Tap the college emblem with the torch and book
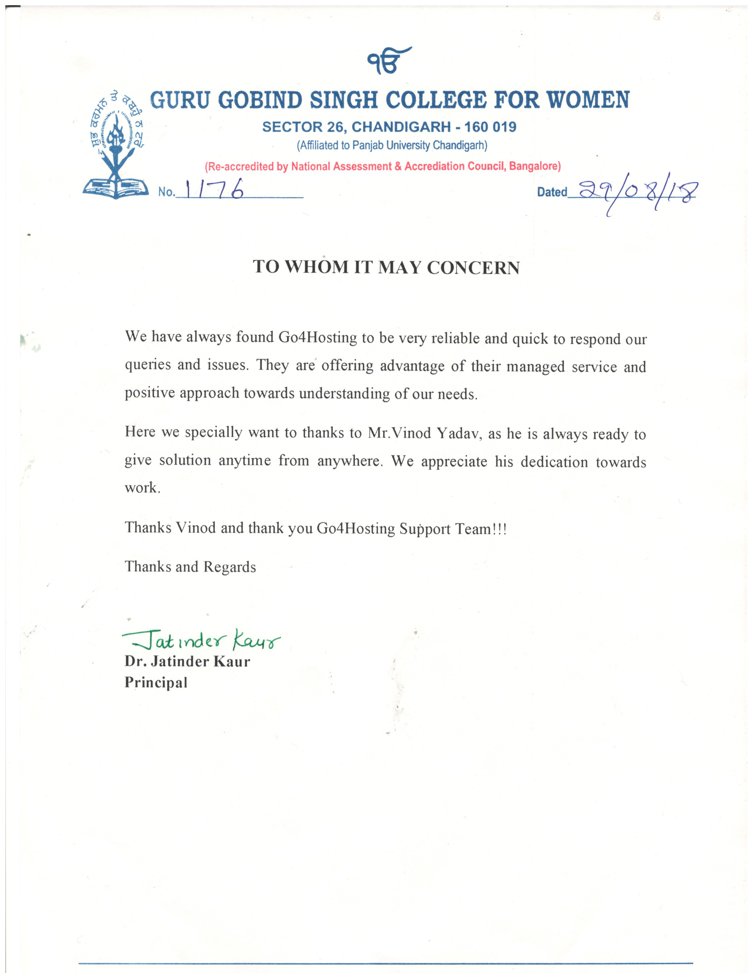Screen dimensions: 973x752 point(115,145)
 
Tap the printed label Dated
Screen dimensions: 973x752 point(551,192)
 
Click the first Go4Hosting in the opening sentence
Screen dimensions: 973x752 point(318,337)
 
